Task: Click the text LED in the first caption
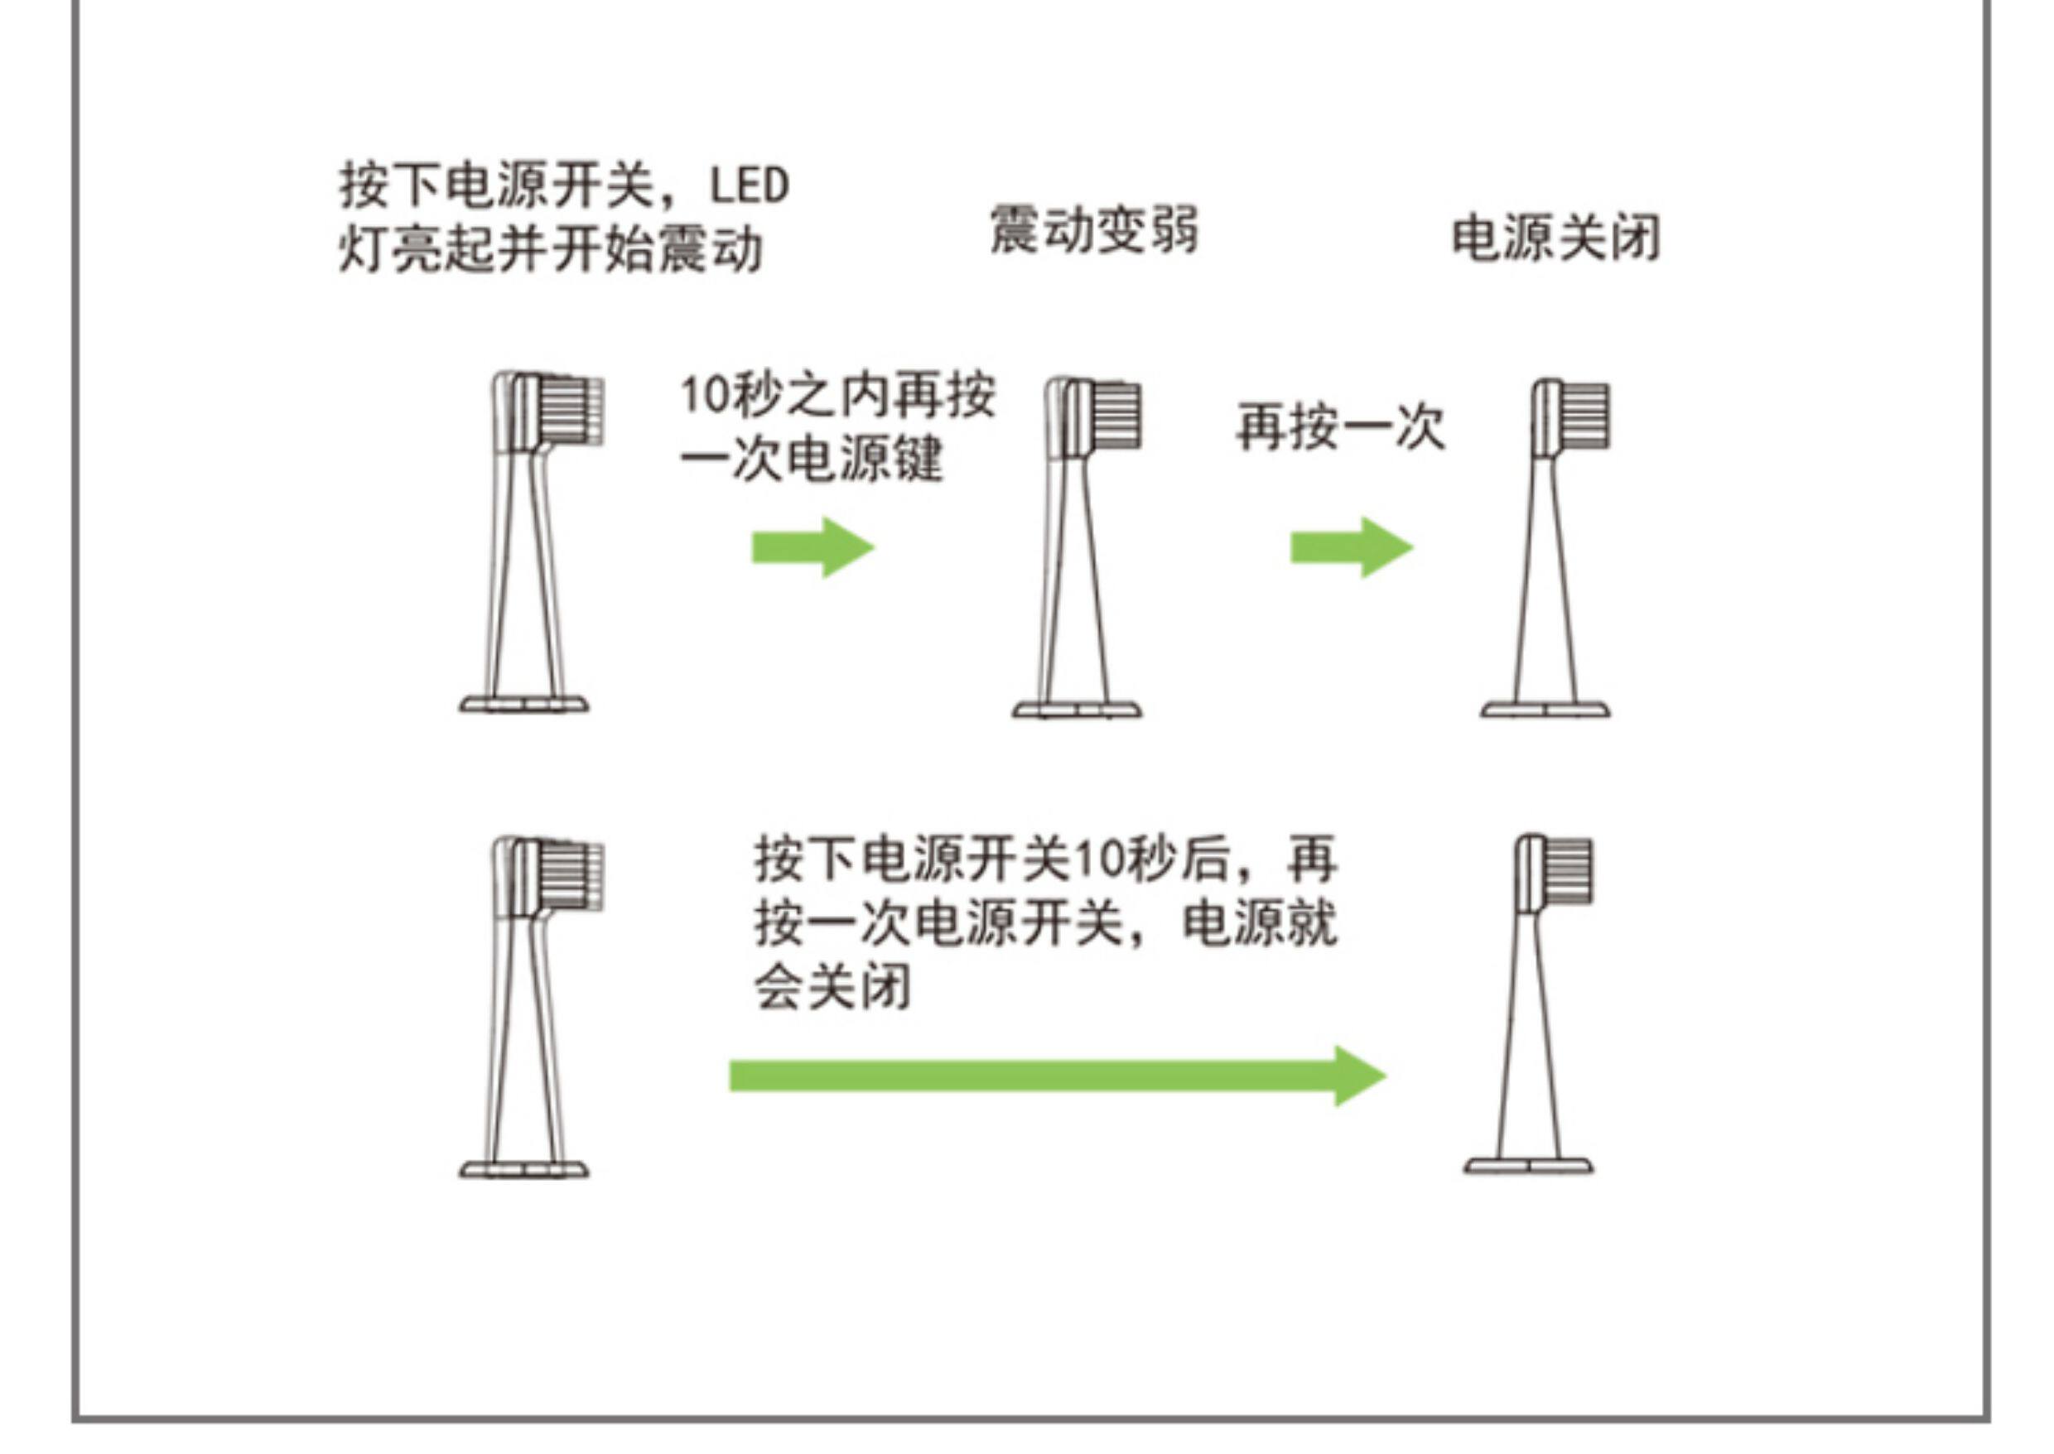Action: point(750,186)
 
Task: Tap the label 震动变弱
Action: point(1093,229)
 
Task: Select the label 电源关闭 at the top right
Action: point(1555,238)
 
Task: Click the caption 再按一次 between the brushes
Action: point(1340,428)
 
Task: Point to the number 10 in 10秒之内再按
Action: point(706,395)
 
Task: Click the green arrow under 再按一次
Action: point(1351,547)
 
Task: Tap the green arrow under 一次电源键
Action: point(812,547)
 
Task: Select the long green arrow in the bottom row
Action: point(1058,1076)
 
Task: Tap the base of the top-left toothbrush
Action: point(523,705)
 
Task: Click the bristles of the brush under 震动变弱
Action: point(1118,416)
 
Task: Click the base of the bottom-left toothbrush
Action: point(523,1169)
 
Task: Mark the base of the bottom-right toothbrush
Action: point(1528,1166)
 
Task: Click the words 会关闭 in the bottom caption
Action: point(832,988)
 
